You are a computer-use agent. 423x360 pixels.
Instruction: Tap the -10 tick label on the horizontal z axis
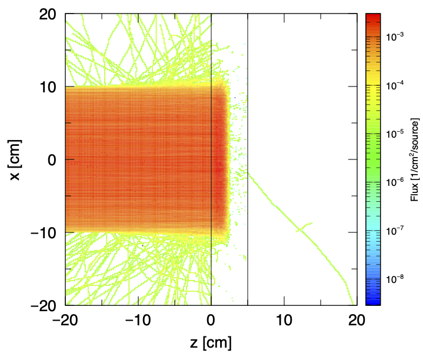138,321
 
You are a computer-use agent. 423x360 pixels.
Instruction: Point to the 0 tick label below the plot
211,321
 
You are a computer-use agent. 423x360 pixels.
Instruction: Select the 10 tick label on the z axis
284,321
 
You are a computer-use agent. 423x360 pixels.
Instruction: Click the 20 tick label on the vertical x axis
48,14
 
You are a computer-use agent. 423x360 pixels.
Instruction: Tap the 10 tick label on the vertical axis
48,86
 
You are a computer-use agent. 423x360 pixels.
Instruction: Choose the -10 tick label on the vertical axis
43,232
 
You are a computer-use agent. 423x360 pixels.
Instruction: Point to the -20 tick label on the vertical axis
43,305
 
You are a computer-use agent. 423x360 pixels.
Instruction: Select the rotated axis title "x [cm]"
18,159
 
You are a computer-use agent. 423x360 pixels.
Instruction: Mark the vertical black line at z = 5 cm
248,88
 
